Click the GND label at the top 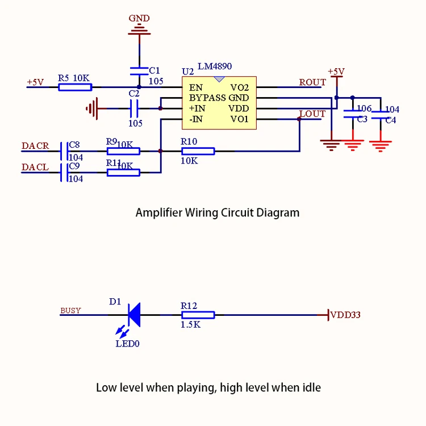coord(139,18)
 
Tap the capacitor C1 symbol coord(139,71)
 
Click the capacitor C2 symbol coord(135,107)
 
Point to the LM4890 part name coord(215,67)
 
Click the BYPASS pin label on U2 coord(207,98)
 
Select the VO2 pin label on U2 coord(240,87)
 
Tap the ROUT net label coord(312,82)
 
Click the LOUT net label coord(312,114)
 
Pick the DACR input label coord(35,146)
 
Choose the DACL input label coord(35,168)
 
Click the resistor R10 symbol coord(198,151)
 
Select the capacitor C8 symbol coord(64,151)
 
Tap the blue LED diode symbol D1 coord(133,315)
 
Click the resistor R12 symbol coord(198,315)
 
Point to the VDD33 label coord(345,315)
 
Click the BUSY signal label coord(70,311)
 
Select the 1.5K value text coord(190,325)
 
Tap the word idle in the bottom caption coord(310,388)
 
